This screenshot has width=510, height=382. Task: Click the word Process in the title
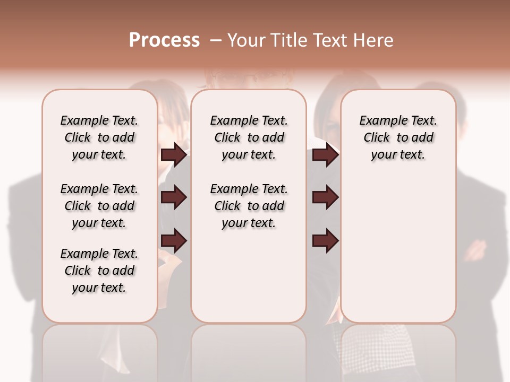164,40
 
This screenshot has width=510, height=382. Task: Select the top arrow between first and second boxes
174,155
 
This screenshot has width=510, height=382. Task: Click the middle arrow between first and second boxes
174,197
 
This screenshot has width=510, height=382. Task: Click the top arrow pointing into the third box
325,155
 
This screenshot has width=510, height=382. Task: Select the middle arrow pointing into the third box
325,197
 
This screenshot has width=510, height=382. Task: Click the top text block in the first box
99,137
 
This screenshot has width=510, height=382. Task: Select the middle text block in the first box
99,206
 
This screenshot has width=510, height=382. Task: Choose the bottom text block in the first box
99,271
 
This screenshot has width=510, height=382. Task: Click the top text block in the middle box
249,137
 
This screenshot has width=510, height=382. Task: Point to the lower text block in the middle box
249,206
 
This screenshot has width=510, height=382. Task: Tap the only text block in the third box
398,137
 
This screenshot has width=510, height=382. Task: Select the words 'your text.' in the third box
398,155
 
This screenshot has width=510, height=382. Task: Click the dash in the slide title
216,40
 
